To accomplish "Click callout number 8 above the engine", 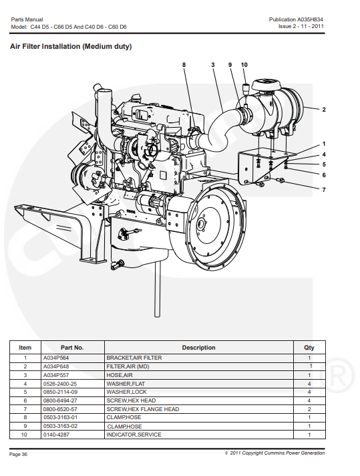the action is click(x=184, y=65).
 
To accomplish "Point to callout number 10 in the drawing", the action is click(x=244, y=65).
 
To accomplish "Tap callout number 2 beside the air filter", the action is click(x=324, y=110).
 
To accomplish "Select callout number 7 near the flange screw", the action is click(x=324, y=190).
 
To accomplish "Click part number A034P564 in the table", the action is click(x=56, y=358).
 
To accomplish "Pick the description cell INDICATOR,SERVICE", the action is click(x=134, y=435).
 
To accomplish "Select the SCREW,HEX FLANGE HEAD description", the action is click(x=142, y=409).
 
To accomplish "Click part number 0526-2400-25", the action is click(x=59, y=384).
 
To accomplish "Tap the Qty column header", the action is click(x=309, y=348).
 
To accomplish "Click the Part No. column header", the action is click(x=72, y=348).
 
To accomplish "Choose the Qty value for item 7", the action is click(x=309, y=409).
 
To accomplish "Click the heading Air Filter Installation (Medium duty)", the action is click(x=71, y=46).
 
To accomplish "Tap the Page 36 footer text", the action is click(x=18, y=454).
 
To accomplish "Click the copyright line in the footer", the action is click(x=275, y=453).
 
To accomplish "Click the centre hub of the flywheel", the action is click(x=201, y=224).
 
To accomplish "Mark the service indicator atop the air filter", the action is click(x=245, y=88).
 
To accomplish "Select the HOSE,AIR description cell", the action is click(x=120, y=375).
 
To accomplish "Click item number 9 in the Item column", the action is click(x=25, y=427).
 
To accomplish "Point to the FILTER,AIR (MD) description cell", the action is click(x=128, y=366).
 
